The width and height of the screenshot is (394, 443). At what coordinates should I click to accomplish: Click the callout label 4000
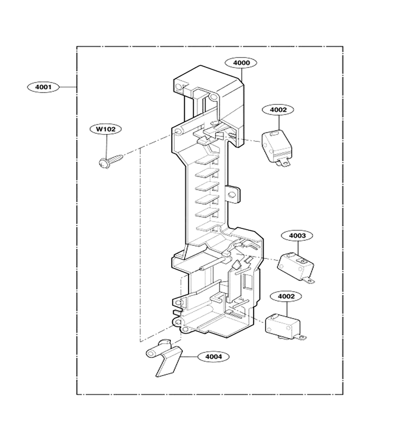click(x=241, y=63)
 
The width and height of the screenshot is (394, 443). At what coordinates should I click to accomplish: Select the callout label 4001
click(x=43, y=87)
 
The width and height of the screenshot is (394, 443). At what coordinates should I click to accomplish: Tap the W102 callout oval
click(x=106, y=129)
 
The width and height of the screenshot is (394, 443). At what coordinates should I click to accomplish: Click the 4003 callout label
click(x=297, y=236)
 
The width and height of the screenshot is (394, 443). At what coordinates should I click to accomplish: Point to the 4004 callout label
click(x=213, y=357)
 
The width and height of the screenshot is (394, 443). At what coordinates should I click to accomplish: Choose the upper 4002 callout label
click(x=278, y=110)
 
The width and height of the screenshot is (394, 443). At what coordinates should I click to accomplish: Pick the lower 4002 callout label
click(x=286, y=296)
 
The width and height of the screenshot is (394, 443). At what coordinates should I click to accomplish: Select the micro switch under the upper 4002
click(x=277, y=148)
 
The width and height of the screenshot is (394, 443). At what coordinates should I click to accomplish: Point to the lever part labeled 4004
click(x=164, y=358)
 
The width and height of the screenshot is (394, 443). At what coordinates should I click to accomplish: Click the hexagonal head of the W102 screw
click(x=103, y=163)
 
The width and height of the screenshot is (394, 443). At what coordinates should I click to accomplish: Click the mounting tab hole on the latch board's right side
click(x=231, y=194)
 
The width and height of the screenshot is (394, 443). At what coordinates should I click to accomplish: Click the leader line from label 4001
click(x=68, y=87)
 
